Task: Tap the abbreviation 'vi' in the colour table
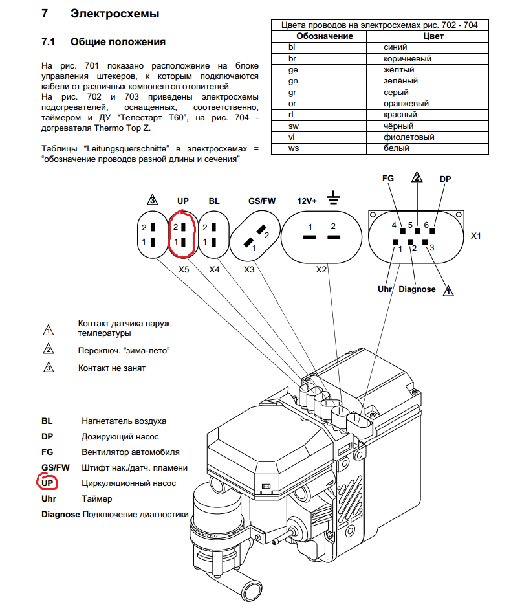coord(292,137)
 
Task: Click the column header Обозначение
coord(325,36)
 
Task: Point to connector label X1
coord(476,237)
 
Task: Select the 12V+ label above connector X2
coord(307,201)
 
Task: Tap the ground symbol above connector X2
coord(334,196)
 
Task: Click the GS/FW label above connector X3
coord(262,201)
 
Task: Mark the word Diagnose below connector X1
coord(417,289)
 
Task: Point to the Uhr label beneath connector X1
coord(385,289)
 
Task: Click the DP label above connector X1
coord(445,178)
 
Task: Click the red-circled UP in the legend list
coord(48,483)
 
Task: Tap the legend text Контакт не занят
coord(112,368)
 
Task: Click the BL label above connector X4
coord(214,201)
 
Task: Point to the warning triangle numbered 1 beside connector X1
coord(448,291)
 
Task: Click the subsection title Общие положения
coord(118,42)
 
